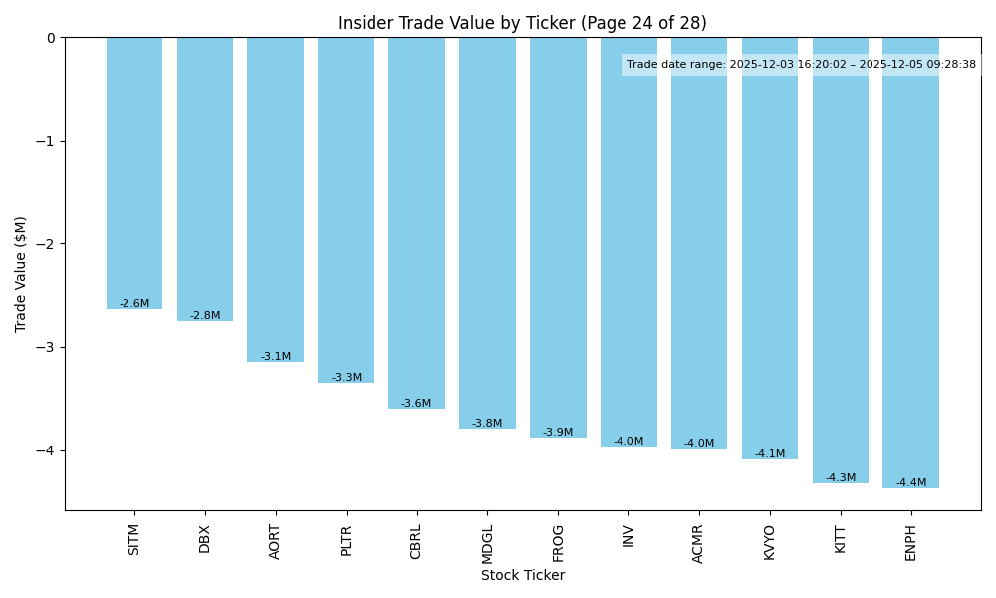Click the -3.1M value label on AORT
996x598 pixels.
[276, 356]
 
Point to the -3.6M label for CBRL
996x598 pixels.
[416, 403]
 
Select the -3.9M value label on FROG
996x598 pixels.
[558, 432]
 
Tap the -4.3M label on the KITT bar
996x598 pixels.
[840, 477]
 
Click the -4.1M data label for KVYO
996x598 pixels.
[770, 453]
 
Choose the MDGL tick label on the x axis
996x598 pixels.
[488, 541]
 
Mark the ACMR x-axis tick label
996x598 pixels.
[699, 543]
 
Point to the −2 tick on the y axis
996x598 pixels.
[46, 244]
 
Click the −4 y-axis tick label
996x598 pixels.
[46, 450]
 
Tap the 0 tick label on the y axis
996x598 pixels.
[51, 38]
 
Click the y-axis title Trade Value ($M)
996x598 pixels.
[21, 274]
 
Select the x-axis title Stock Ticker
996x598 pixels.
[523, 575]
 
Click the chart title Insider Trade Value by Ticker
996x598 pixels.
[522, 23]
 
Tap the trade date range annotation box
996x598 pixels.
[801, 64]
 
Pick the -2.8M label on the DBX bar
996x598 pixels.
[205, 315]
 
